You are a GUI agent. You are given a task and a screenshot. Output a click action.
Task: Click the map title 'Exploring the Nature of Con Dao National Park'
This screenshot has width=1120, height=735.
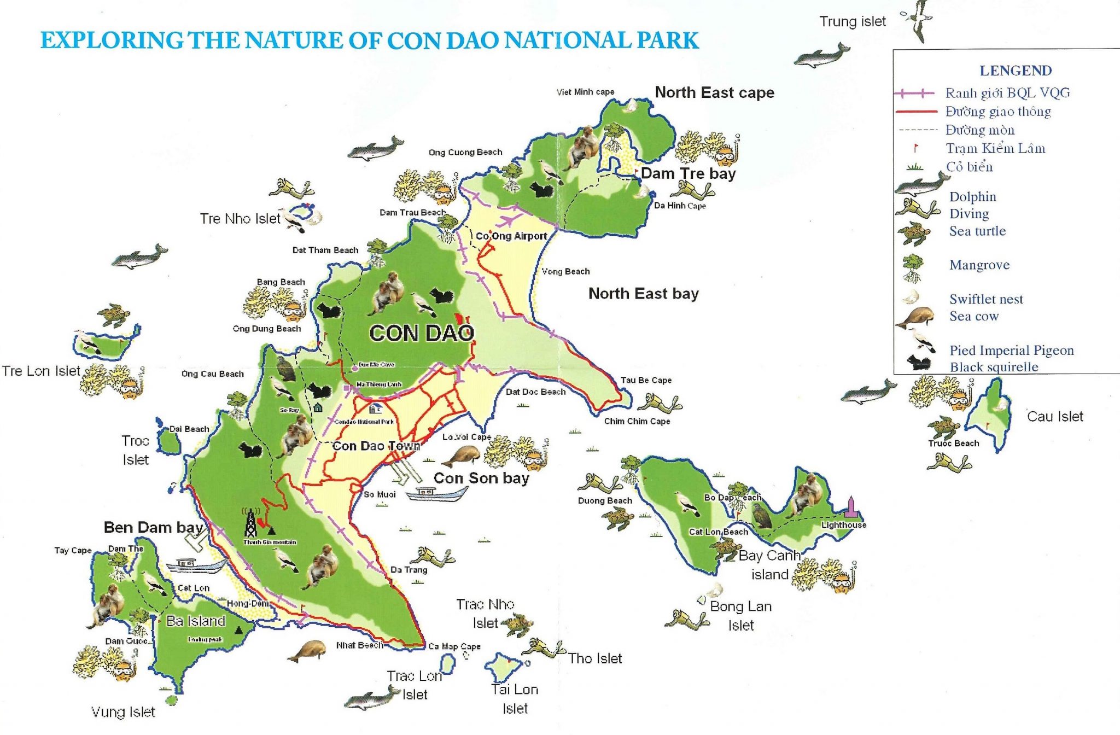click(370, 41)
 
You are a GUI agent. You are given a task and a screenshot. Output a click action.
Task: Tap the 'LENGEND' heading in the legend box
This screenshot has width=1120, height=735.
click(1015, 71)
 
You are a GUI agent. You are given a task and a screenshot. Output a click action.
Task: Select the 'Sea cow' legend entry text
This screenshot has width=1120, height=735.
click(973, 316)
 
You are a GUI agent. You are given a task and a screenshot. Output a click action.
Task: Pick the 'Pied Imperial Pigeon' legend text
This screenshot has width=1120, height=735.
click(1011, 350)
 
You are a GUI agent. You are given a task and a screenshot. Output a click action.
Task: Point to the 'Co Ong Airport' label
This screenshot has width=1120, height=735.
click(511, 236)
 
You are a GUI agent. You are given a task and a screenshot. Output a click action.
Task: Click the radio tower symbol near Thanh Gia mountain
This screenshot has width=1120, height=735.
click(250, 522)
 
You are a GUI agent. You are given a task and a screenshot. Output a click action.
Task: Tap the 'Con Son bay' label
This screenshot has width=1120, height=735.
click(481, 478)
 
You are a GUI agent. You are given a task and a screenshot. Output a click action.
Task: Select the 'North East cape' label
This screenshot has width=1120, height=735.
click(714, 92)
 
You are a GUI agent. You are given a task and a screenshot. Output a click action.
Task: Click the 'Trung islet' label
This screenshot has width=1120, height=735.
click(852, 21)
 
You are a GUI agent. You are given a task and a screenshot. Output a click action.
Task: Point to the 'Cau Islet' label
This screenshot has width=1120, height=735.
click(1054, 416)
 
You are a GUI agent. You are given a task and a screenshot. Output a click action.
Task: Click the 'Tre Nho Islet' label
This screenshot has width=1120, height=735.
click(240, 219)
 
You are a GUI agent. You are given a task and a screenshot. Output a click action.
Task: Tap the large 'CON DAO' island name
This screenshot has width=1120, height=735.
click(421, 333)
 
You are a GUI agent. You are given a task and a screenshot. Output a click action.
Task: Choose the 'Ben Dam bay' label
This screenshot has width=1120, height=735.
click(153, 527)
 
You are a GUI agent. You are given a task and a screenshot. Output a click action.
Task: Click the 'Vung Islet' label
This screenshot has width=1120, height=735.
click(123, 711)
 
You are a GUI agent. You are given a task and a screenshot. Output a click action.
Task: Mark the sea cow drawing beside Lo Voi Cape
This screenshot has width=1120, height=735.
click(460, 456)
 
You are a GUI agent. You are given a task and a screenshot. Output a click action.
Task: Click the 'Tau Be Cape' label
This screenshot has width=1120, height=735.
click(645, 380)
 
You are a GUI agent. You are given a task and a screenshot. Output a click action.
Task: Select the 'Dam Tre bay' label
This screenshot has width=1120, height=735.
click(688, 173)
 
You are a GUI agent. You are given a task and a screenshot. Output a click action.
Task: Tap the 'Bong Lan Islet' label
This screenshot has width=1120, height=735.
click(740, 615)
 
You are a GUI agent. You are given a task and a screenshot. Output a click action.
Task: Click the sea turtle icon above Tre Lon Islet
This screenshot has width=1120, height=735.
click(114, 314)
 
